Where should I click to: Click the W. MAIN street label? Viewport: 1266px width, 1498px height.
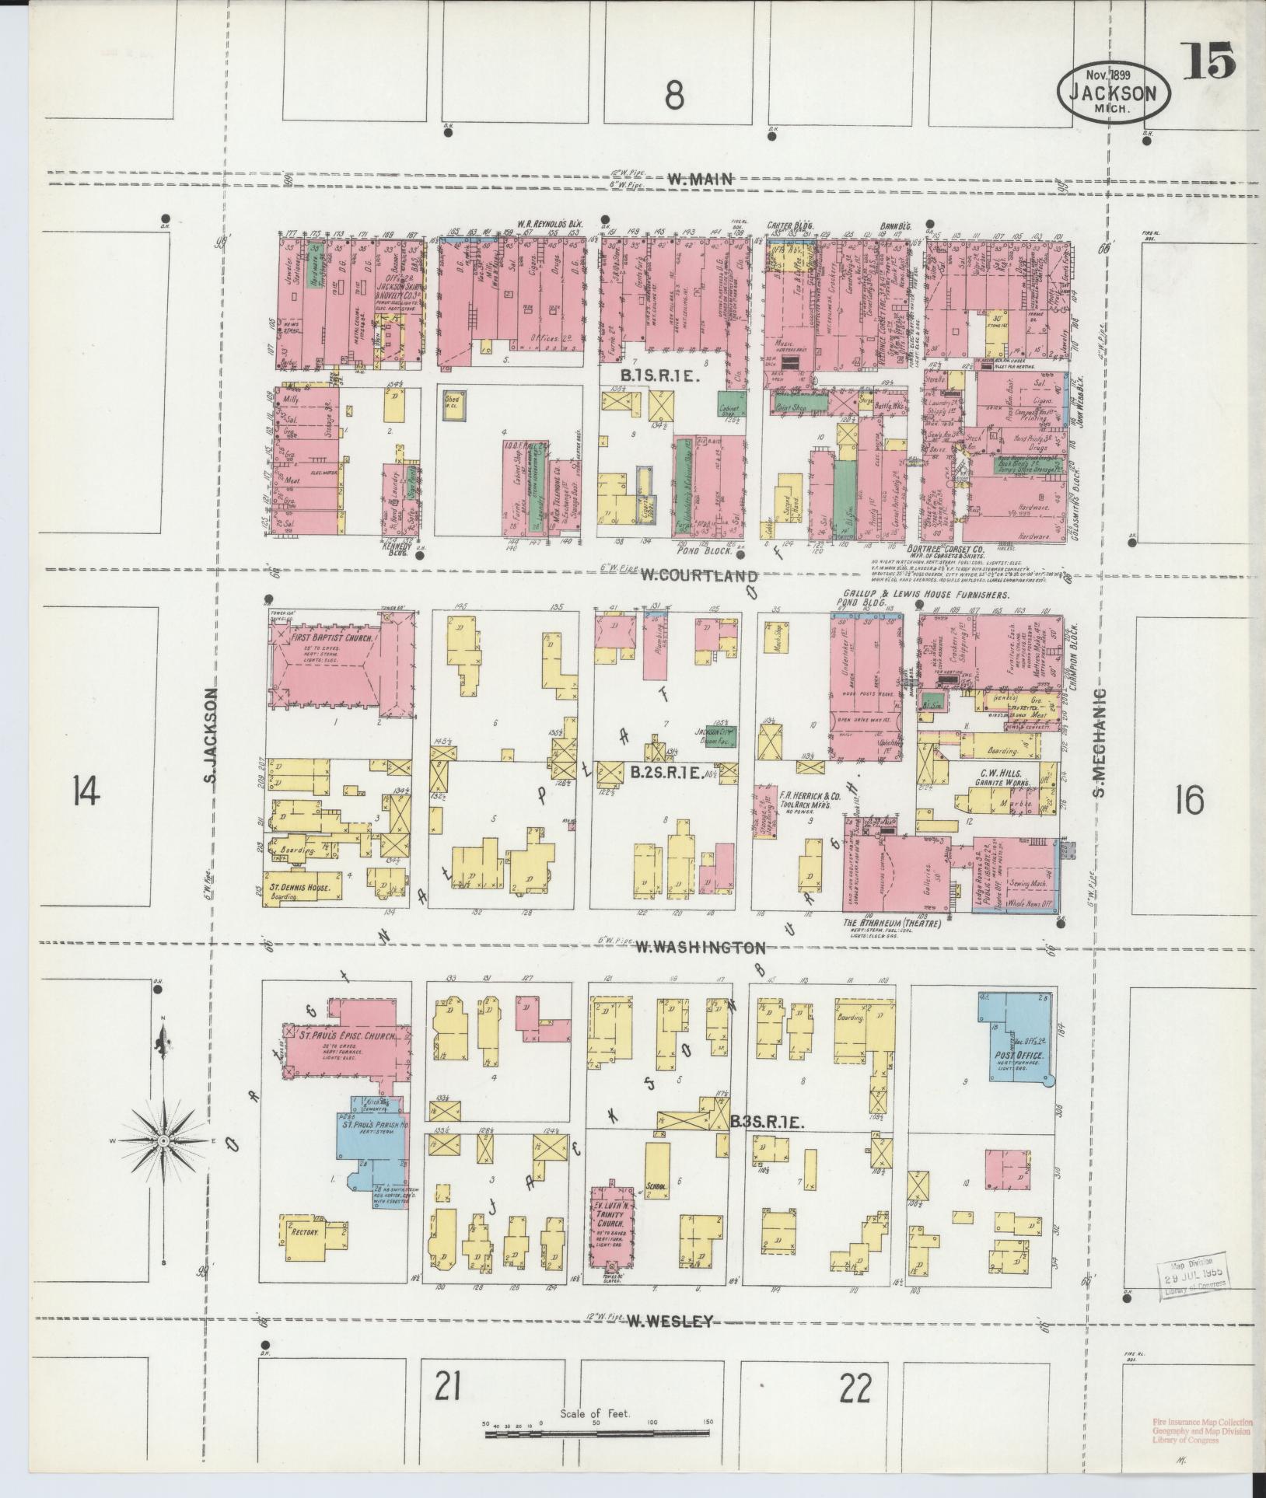tap(699, 180)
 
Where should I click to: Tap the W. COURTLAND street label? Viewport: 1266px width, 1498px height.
tap(699, 576)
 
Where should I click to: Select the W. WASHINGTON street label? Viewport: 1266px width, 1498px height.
tap(701, 948)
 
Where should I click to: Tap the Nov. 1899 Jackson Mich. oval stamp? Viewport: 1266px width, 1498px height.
tap(1113, 92)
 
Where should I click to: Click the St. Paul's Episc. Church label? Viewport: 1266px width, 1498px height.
tap(346, 1038)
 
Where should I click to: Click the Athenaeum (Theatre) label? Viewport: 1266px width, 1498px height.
tap(893, 923)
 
